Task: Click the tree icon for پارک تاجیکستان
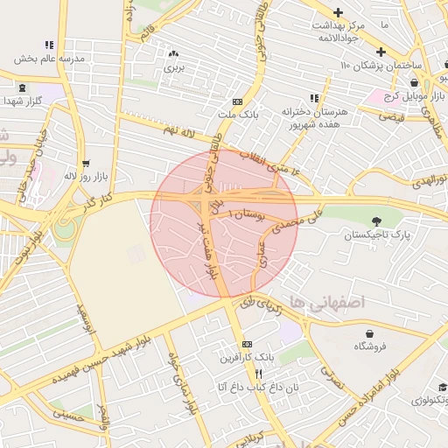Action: tap(377, 221)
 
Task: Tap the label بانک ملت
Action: tap(239, 115)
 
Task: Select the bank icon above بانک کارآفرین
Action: tap(247, 344)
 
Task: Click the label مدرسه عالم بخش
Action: tap(48, 59)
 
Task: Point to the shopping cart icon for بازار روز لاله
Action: tap(86, 163)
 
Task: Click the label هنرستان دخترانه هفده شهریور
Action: tap(314, 118)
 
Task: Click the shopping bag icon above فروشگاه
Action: tap(371, 333)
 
